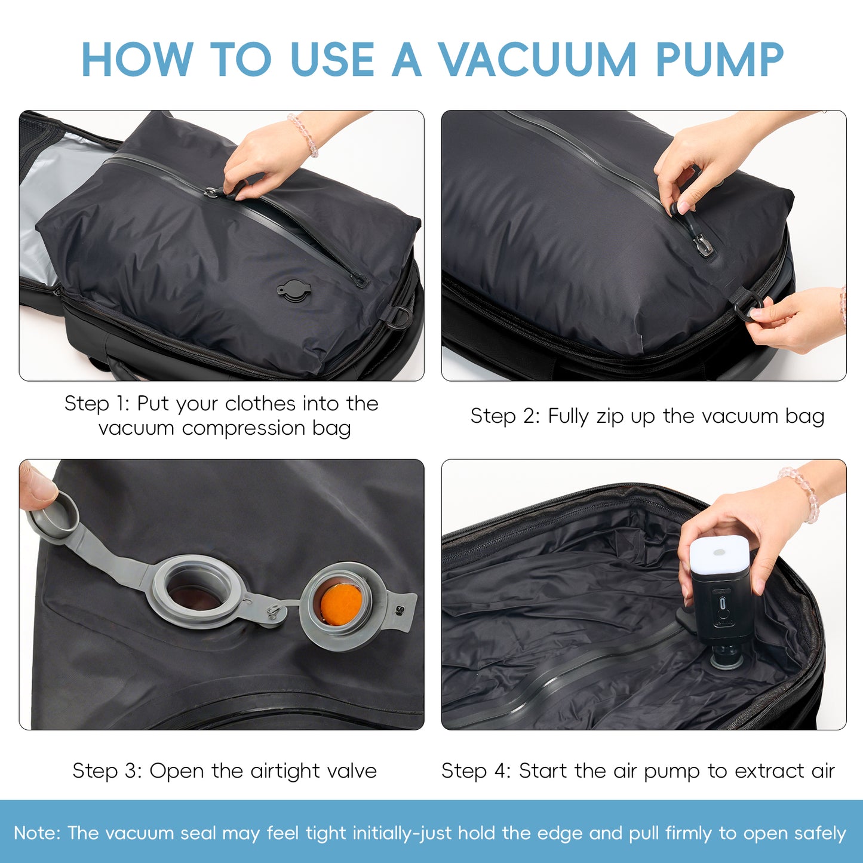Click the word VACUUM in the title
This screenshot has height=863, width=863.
click(538, 60)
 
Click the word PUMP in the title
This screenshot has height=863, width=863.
click(719, 60)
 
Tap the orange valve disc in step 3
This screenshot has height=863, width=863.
click(340, 603)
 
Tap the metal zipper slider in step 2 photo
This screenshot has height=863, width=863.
click(702, 244)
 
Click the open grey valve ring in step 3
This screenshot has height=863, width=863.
click(197, 591)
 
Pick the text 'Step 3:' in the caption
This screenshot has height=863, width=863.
click(107, 770)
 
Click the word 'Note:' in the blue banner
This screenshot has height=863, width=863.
click(37, 833)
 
